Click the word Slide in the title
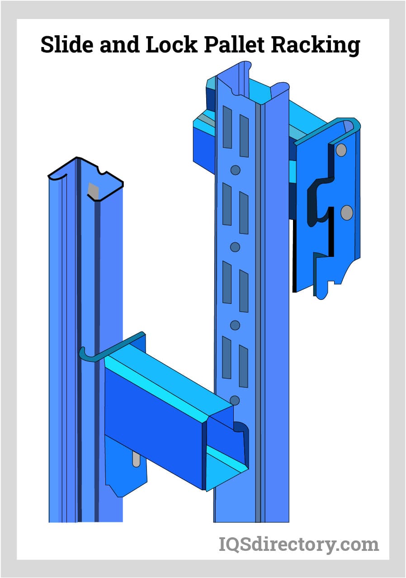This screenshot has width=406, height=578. pos(67,44)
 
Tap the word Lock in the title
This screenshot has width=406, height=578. pos(171,44)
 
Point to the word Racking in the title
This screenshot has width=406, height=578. pos(316,45)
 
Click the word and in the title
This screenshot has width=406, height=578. pos(119,45)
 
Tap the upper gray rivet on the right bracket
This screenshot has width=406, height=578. pos(341,150)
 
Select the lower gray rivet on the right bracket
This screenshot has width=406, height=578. pos(347,213)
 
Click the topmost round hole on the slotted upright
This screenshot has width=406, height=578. pos(235,170)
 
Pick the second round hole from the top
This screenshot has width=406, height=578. pos(235,247)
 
